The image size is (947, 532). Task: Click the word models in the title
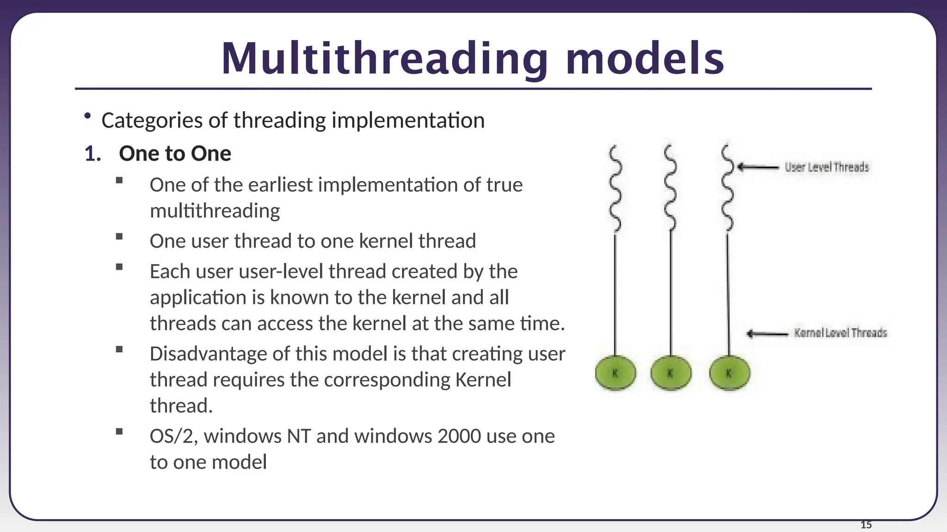coord(645,59)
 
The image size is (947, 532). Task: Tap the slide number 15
coord(866,525)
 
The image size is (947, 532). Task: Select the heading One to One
coord(175,154)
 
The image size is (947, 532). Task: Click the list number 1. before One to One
coord(92,154)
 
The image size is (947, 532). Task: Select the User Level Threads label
coord(827,167)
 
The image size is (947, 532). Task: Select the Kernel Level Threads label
coord(840,333)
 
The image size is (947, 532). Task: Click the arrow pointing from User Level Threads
coord(758,167)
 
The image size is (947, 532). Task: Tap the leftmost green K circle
coord(615,373)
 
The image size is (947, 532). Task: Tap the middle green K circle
coord(671,373)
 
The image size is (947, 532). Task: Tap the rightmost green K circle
coord(729,373)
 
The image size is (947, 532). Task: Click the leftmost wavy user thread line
coord(615,189)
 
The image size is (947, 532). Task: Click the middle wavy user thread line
coord(670,189)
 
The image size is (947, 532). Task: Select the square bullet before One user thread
coord(119,236)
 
